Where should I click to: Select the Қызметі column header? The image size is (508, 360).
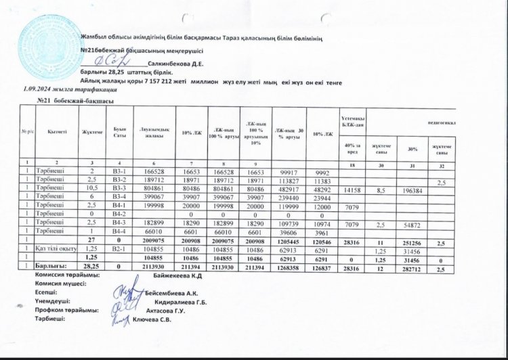58,133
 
